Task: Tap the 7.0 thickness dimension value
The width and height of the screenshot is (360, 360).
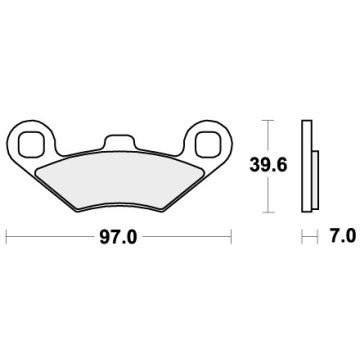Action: (341, 237)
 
